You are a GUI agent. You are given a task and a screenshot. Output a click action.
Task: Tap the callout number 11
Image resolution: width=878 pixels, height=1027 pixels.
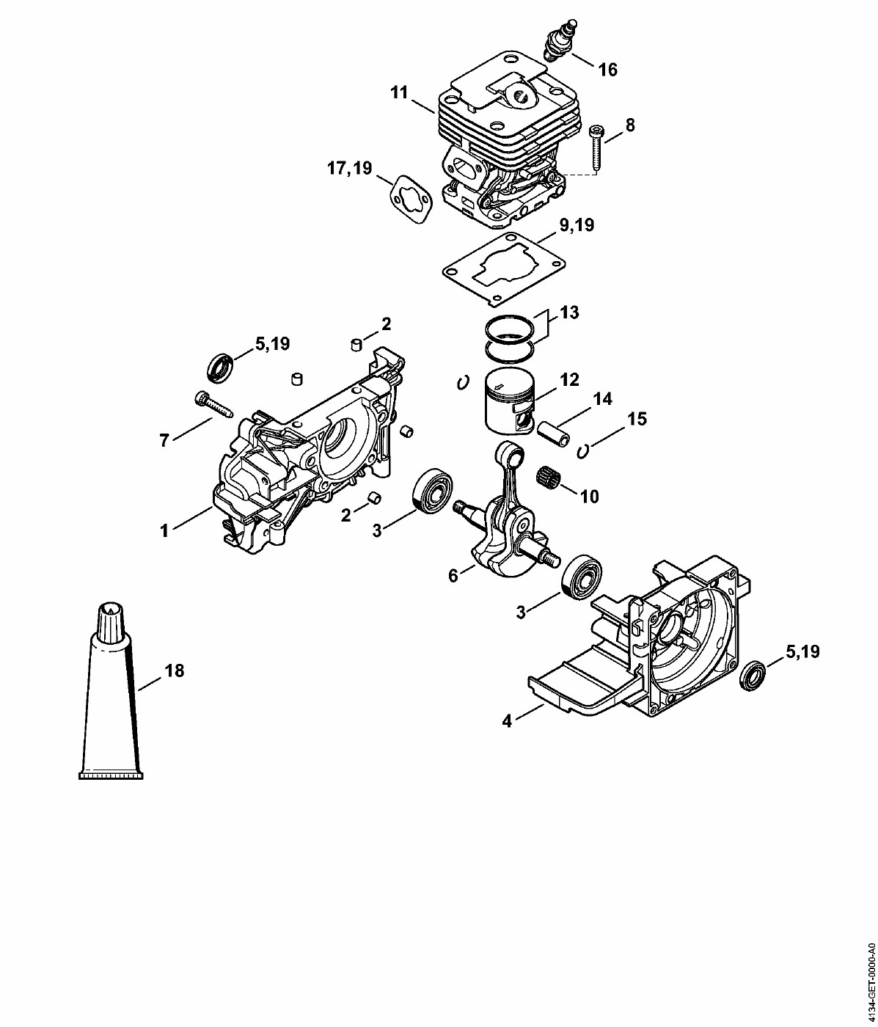399,92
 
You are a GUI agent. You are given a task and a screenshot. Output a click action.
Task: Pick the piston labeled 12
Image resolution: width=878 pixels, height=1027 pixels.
510,406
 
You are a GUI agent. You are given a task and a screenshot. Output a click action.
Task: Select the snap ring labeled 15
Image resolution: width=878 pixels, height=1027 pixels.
584,450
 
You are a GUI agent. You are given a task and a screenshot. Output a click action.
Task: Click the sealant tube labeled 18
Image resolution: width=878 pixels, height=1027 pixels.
111,704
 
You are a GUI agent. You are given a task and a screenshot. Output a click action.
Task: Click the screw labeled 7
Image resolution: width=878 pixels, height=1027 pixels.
210,403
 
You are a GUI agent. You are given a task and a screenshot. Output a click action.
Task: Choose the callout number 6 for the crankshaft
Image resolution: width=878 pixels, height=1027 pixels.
453,576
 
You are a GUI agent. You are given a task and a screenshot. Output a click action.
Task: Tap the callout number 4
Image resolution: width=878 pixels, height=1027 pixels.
507,721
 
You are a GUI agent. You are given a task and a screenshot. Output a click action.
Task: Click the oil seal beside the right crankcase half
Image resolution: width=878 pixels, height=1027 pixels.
753,675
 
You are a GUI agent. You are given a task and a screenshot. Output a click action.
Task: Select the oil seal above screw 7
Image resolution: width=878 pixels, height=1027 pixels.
219,367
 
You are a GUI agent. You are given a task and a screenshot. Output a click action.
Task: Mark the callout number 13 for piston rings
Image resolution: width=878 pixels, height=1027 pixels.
569,313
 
